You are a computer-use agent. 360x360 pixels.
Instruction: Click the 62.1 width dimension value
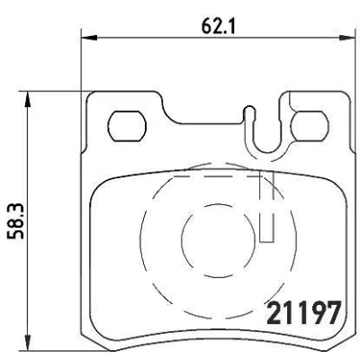click(218, 25)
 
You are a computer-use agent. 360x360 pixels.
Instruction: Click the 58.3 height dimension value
click(15, 221)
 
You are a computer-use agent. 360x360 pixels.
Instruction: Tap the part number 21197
click(304, 312)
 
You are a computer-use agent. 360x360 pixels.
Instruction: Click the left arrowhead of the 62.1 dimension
click(89, 38)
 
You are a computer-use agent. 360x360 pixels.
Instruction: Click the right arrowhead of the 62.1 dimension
click(346, 38)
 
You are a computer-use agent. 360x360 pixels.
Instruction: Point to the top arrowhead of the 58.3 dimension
click(28, 99)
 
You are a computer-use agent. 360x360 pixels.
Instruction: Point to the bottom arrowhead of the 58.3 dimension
click(28, 341)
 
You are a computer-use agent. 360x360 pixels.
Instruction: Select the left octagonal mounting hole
click(127, 126)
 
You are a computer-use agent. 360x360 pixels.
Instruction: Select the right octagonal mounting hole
click(310, 126)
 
